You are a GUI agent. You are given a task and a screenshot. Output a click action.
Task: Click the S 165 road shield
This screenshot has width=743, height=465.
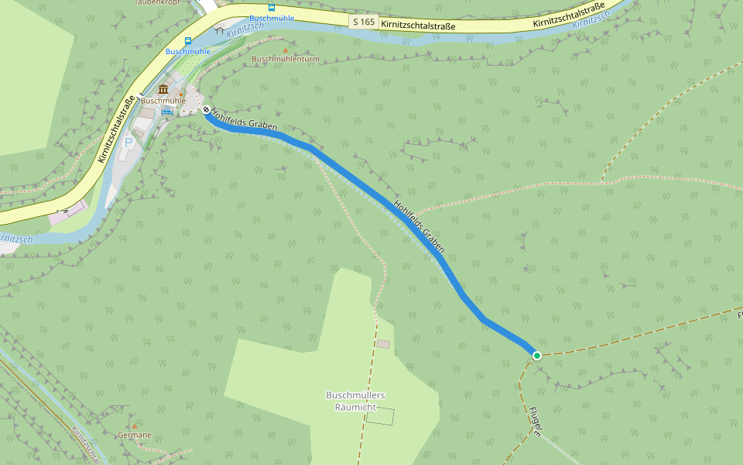tap(364, 22)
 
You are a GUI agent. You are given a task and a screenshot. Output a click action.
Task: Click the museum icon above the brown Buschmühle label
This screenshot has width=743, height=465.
tap(163, 90)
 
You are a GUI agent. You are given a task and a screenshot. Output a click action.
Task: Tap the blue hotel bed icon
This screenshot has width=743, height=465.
tap(166, 111)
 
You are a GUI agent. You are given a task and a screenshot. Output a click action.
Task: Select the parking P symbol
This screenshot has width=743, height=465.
tap(128, 143)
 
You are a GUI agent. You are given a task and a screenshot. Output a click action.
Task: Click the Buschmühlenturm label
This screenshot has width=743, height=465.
tap(286, 59)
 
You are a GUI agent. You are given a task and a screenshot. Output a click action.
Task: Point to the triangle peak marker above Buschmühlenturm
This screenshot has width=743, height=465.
tap(286, 49)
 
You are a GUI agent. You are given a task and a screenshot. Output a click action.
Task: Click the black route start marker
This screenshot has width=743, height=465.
tap(207, 110)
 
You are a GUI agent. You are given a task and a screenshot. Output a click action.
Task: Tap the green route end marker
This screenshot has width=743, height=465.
tap(536, 355)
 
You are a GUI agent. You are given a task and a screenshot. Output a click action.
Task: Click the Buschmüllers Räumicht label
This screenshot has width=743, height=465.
tap(355, 401)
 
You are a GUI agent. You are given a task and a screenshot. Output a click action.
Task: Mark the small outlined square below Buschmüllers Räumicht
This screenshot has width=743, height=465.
tap(380, 416)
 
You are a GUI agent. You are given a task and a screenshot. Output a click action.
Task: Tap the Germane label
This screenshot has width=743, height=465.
tap(135, 436)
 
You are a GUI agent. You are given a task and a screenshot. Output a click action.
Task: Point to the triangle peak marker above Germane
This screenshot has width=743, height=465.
tap(135, 425)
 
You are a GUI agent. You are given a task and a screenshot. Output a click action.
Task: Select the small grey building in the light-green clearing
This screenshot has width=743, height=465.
tap(384, 343)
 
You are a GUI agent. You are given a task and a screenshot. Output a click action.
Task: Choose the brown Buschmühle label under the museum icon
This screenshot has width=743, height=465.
tap(163, 101)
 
